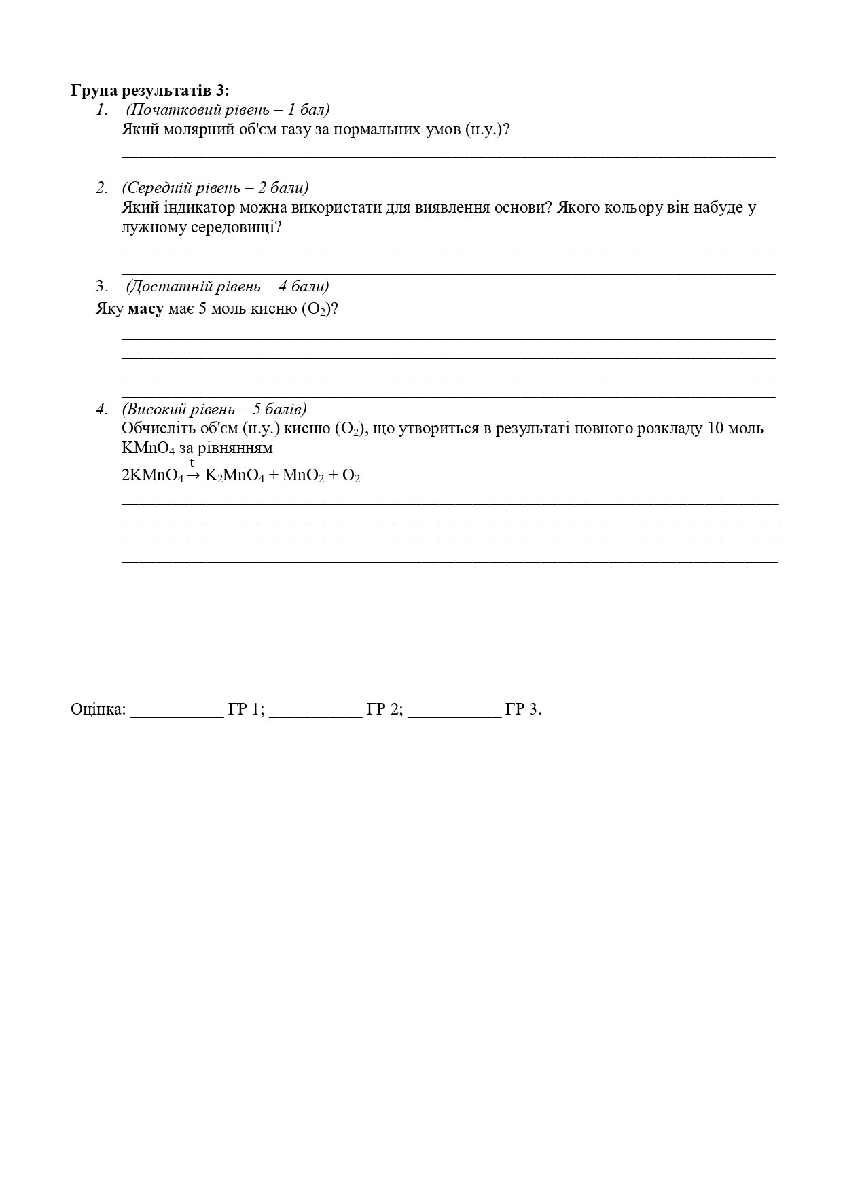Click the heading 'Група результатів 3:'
click(x=150, y=90)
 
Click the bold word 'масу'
click(x=146, y=309)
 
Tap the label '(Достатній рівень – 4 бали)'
click(x=228, y=286)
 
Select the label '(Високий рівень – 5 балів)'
click(x=214, y=409)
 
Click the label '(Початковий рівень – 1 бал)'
click(x=228, y=109)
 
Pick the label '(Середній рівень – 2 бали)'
click(x=215, y=187)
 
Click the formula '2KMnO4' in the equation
click(x=152, y=476)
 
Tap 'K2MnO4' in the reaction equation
click(x=234, y=476)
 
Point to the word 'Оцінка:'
click(x=98, y=710)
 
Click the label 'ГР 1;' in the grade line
click(x=246, y=710)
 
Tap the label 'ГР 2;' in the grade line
click(x=385, y=710)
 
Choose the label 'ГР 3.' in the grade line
click(x=523, y=710)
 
